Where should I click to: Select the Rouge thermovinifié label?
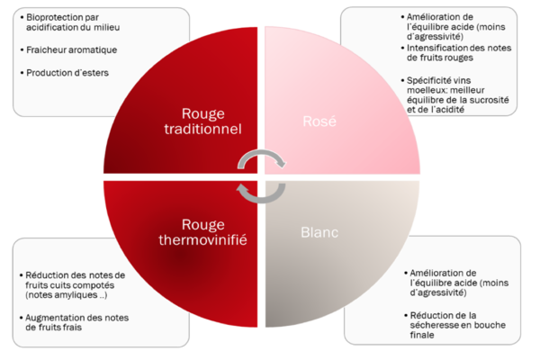point(214,232)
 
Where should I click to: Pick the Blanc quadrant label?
point(319,232)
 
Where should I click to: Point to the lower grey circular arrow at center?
point(261,192)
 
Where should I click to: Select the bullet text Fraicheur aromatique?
point(72,49)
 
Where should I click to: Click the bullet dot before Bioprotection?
point(22,16)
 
